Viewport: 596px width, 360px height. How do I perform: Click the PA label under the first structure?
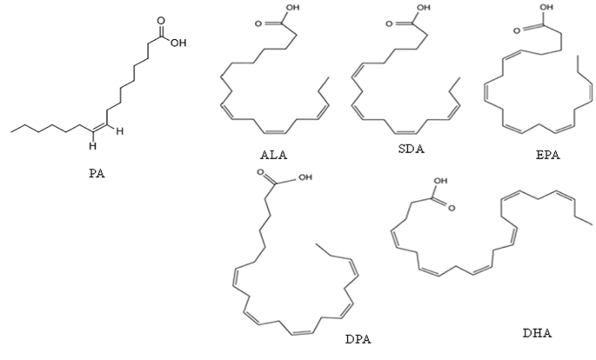(97, 174)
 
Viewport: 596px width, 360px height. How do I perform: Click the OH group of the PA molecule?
(178, 39)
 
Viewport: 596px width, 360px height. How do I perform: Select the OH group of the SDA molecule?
(424, 10)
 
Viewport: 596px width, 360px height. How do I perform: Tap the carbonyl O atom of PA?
(160, 17)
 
